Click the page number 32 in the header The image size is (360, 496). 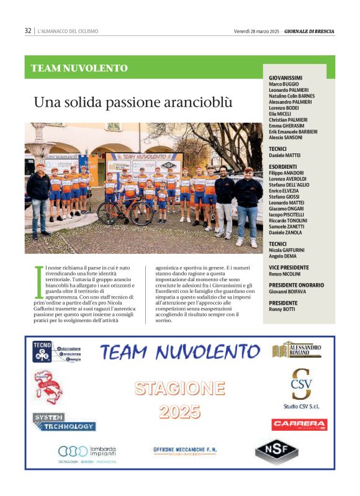click(28, 30)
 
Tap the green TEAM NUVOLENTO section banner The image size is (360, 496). click(79, 68)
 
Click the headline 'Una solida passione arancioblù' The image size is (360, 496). click(133, 102)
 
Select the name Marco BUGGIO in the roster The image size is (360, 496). click(284, 84)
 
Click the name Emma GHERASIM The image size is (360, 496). click(287, 125)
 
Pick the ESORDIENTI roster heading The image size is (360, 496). click(282, 166)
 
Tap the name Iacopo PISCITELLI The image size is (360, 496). click(289, 214)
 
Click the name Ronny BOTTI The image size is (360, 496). click(282, 309)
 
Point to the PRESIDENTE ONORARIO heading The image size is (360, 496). click(296, 285)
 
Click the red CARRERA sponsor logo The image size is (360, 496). click(299, 425)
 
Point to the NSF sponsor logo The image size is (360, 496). click(276, 451)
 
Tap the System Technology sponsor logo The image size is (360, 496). click(64, 422)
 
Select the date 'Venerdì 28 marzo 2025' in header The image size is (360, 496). click(256, 30)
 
